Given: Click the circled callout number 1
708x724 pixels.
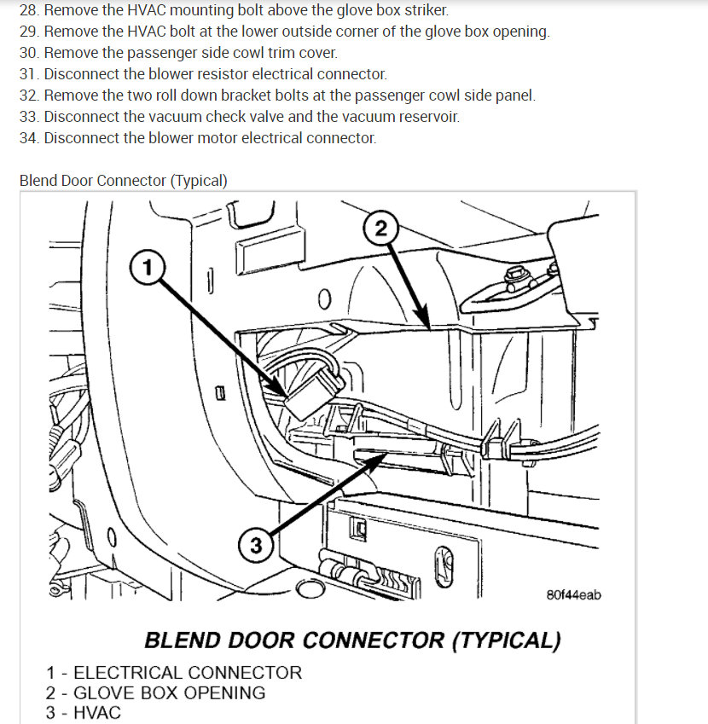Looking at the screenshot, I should click(148, 268).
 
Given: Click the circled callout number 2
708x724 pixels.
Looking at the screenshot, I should click(380, 229).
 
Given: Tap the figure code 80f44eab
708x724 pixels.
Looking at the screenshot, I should click(573, 594).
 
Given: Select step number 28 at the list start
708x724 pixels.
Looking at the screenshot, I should click(29, 11).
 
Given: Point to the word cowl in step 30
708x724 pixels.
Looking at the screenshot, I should click(259, 53).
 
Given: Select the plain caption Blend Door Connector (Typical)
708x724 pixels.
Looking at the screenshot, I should click(124, 181).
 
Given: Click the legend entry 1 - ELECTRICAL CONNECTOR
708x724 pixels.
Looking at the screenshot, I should click(174, 673).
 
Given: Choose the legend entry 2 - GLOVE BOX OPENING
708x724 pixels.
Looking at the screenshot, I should click(155, 692).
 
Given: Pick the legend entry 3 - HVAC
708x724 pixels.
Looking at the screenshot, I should click(84, 712).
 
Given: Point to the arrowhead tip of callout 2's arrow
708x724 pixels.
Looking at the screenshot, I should click(427, 327).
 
